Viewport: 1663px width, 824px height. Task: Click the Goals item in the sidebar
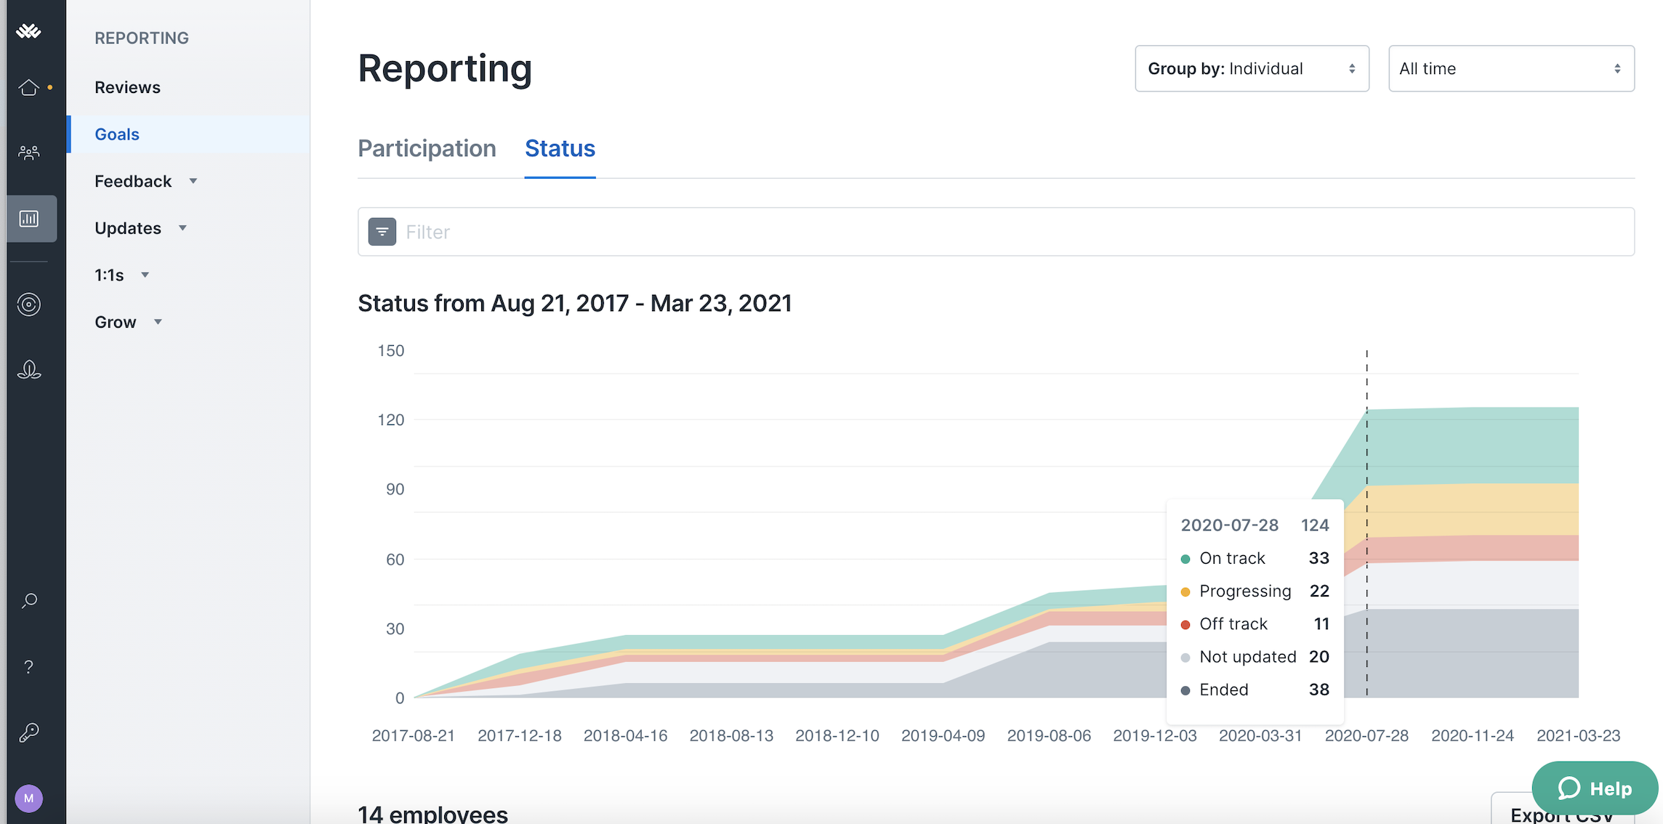[x=117, y=134]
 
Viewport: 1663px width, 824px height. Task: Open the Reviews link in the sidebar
[x=127, y=87]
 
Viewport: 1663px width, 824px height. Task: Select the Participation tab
[x=427, y=148]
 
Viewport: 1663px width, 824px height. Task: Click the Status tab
[x=560, y=148]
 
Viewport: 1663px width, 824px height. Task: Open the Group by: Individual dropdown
[x=1252, y=68]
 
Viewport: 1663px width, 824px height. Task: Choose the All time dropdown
[x=1510, y=68]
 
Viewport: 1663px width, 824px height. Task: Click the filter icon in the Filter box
[x=382, y=232]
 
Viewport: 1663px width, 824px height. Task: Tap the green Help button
[x=1595, y=788]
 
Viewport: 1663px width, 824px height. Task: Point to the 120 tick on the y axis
[x=391, y=420]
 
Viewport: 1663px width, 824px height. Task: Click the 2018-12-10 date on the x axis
[x=837, y=736]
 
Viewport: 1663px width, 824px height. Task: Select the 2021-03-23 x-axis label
[x=1578, y=736]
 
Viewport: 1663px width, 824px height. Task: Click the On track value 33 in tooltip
[x=1318, y=558]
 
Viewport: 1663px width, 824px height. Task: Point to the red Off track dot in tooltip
[x=1185, y=625]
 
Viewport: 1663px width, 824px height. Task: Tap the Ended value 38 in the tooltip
[x=1318, y=690]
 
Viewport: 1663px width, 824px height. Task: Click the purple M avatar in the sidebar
[x=29, y=799]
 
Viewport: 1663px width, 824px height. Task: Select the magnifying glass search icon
[x=29, y=601]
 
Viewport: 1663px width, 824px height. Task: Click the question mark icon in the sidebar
[x=29, y=667]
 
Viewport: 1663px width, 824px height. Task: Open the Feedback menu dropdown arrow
[x=193, y=181]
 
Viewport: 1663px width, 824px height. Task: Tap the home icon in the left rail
[x=29, y=88]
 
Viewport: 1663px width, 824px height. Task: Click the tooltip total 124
[x=1315, y=525]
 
